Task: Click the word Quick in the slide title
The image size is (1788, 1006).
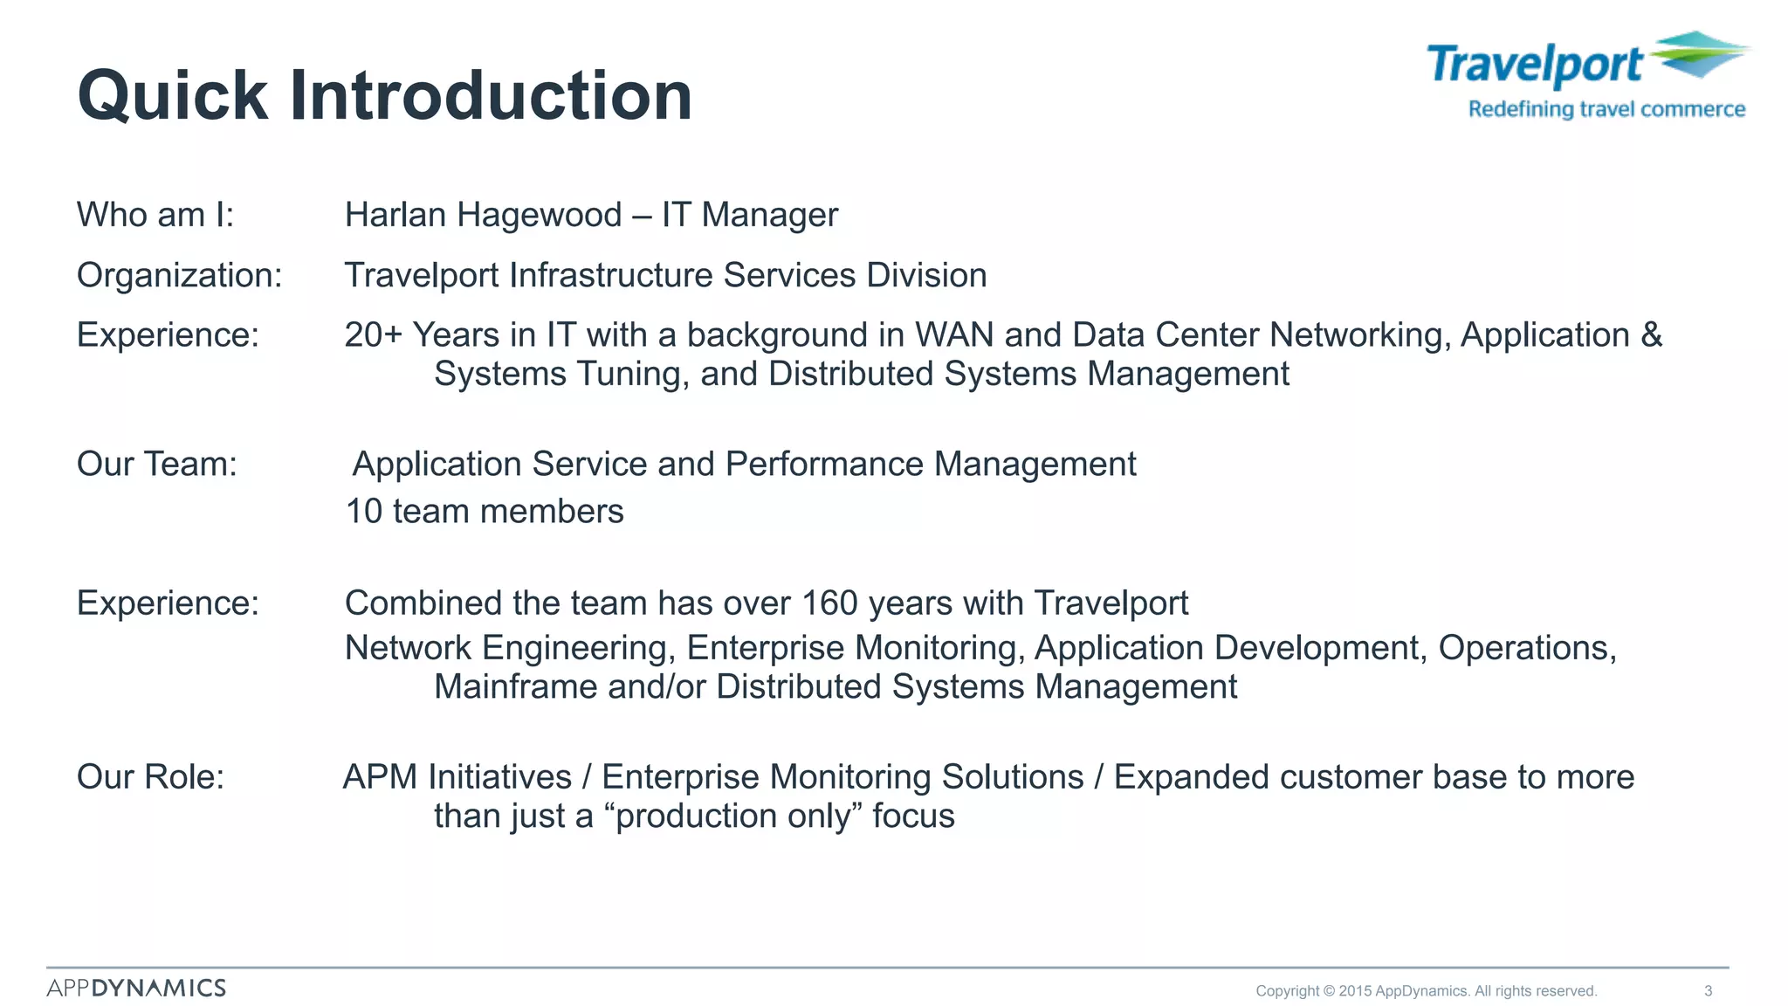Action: tap(173, 96)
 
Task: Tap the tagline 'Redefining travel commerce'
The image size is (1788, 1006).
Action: tap(1606, 109)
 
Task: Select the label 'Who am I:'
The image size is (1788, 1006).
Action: tap(155, 215)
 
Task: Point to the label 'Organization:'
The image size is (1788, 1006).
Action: tap(179, 275)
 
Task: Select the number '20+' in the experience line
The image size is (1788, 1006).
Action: tap(373, 335)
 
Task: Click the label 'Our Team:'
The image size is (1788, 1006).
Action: tap(157, 464)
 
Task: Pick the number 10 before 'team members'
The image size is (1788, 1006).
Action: tap(364, 512)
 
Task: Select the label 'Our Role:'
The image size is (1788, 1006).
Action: tap(150, 777)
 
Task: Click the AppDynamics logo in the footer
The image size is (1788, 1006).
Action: tap(136, 989)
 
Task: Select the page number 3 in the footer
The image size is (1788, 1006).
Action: tap(1708, 991)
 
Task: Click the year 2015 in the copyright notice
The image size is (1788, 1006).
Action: tap(1355, 991)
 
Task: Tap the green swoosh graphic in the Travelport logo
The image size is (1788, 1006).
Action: tap(1698, 54)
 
